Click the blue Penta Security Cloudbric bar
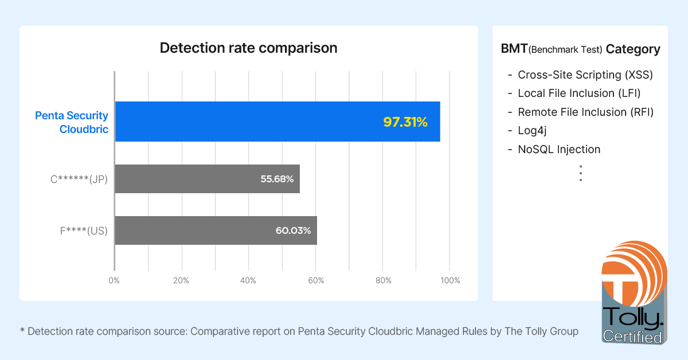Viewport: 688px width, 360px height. pyautogui.click(x=277, y=122)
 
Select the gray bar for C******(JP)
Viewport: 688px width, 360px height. pyautogui.click(x=207, y=179)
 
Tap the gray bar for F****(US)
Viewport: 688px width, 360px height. pyautogui.click(x=216, y=230)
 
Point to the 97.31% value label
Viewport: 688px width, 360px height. pyautogui.click(x=405, y=122)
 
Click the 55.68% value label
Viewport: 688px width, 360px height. pyautogui.click(x=277, y=179)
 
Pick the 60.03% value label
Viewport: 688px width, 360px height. pyautogui.click(x=294, y=230)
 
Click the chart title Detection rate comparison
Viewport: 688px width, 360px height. pyautogui.click(x=248, y=48)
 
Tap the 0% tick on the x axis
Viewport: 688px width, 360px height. pyautogui.click(x=114, y=280)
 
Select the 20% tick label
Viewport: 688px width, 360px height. pyautogui.click(x=181, y=280)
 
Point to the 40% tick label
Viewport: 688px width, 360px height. pyautogui.click(x=248, y=280)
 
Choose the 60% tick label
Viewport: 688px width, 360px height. pyautogui.click(x=316, y=280)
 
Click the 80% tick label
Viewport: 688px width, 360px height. pyautogui.click(x=383, y=280)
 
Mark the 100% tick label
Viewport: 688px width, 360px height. pyautogui.click(x=450, y=280)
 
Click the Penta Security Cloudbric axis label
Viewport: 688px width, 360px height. pyautogui.click(x=72, y=122)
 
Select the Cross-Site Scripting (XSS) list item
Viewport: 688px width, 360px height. pyautogui.click(x=585, y=75)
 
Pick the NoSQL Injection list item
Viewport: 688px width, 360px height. pyautogui.click(x=559, y=150)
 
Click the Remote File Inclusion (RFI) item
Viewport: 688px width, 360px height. pyautogui.click(x=585, y=112)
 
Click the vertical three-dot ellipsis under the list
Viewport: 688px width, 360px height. pyautogui.click(x=580, y=173)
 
